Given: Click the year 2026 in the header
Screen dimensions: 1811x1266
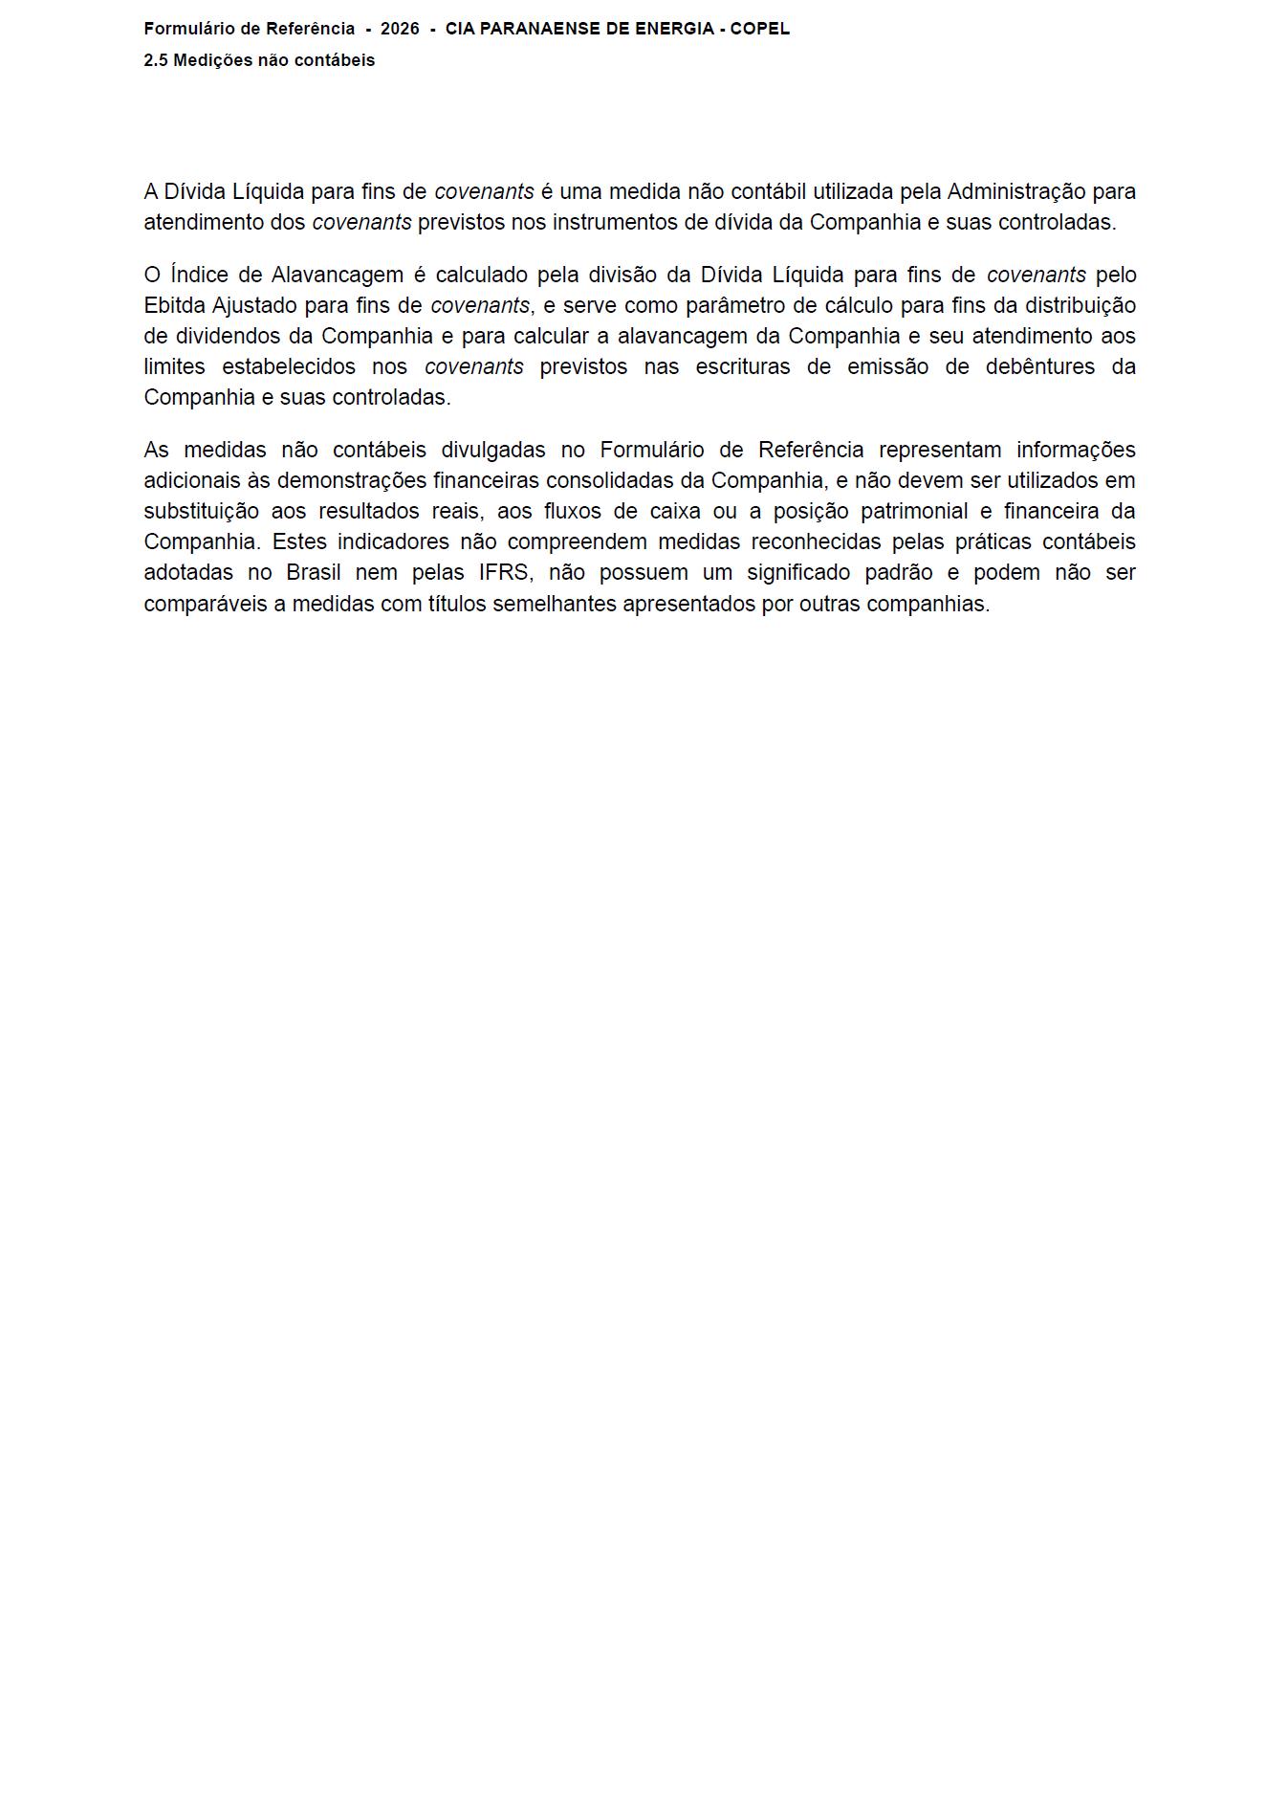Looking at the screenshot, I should point(400,29).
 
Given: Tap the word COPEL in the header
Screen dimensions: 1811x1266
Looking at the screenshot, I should point(760,29).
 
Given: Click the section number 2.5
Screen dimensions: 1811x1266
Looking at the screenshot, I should point(156,60).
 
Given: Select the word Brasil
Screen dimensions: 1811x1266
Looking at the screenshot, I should point(314,572).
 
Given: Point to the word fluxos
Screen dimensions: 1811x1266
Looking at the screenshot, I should point(573,511).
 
